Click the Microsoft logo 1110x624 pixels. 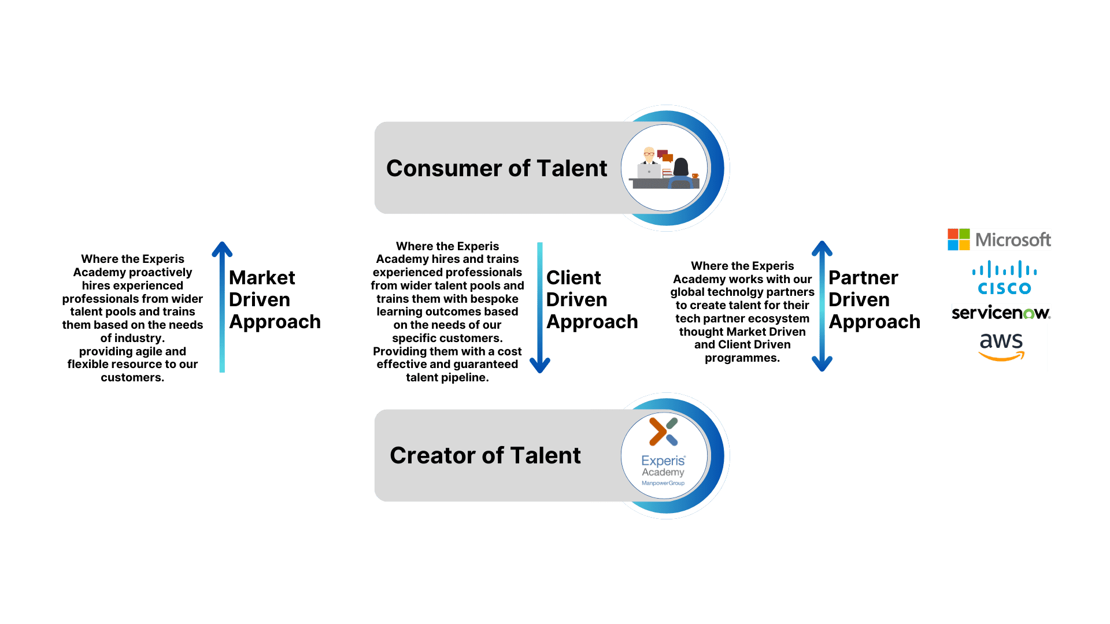click(x=999, y=239)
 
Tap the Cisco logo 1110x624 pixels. click(x=1004, y=278)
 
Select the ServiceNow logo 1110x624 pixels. click(x=1001, y=313)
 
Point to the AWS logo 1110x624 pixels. click(x=1001, y=347)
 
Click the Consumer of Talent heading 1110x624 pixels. click(x=497, y=168)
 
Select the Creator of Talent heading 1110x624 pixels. click(x=485, y=455)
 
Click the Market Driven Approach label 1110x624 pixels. click(x=274, y=300)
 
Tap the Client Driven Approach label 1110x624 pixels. click(x=591, y=300)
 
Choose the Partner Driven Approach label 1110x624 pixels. click(x=874, y=300)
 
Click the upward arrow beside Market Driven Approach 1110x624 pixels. click(x=222, y=306)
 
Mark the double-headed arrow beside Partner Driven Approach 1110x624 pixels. click(x=822, y=306)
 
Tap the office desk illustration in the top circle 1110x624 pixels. click(x=665, y=169)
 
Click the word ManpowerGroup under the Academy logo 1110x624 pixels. click(x=663, y=483)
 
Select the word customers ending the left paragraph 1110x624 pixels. click(x=132, y=378)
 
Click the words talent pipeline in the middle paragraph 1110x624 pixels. click(x=447, y=378)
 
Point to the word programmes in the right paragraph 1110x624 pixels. click(x=742, y=358)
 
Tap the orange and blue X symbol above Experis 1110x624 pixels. click(x=663, y=432)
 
